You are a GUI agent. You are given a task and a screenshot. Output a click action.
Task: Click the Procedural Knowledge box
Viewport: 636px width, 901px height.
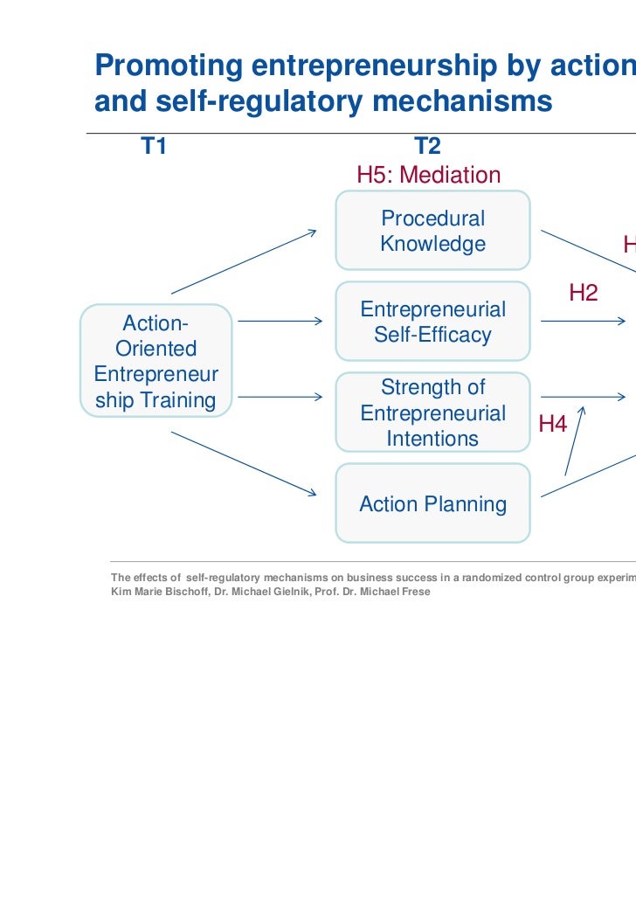pos(432,231)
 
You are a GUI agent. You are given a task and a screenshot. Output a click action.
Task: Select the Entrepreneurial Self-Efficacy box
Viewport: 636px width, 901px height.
pos(432,322)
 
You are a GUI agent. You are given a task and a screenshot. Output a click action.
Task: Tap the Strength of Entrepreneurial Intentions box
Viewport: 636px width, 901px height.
pos(432,412)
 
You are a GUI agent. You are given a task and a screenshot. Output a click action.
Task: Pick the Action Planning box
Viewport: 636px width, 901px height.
pos(432,503)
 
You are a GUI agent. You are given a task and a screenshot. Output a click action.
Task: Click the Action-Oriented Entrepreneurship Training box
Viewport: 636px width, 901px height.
pos(156,361)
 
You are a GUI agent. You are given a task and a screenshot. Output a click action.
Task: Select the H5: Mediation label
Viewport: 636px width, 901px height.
pos(429,176)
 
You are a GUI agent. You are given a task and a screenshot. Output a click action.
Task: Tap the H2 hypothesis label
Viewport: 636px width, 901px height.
pos(584,293)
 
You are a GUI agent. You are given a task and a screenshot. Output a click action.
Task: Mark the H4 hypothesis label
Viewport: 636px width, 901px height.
pos(553,425)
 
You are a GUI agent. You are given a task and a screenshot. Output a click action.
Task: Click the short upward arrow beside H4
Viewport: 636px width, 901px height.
pos(575,441)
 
